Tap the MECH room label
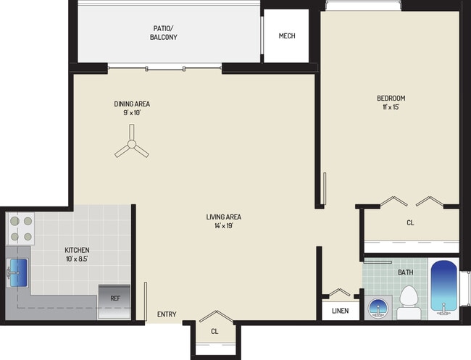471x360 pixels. pos(287,36)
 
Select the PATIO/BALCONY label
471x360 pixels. pos(164,33)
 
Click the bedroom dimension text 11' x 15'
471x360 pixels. pos(390,107)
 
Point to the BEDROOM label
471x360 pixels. pos(390,99)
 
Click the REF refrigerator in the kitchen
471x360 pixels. pos(115,298)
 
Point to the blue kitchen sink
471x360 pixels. pos(17,272)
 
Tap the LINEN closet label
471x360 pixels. pos(341,311)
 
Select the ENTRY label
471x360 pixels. pos(167,314)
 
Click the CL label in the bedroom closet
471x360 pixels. pos(410,223)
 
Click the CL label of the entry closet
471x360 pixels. pos(214,331)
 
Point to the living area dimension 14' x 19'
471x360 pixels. pos(223,225)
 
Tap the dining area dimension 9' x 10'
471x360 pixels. pos(136,112)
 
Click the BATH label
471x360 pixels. pos(406,272)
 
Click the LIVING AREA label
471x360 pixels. pos(223,217)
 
